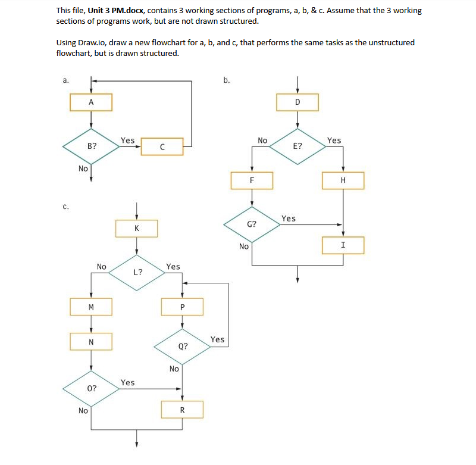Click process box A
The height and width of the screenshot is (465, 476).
click(91, 102)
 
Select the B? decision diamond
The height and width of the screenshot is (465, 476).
click(91, 146)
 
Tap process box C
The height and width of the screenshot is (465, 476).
click(162, 146)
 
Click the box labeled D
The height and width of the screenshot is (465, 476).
click(297, 102)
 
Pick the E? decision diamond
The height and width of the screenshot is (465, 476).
click(297, 145)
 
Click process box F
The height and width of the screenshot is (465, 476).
click(252, 180)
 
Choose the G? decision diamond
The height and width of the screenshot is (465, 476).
click(252, 224)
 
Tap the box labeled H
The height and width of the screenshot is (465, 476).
click(343, 180)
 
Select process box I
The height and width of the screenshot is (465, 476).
click(343, 245)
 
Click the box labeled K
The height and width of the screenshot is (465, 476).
click(137, 228)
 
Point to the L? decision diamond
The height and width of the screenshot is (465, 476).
click(137, 272)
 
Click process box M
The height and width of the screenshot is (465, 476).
click(91, 307)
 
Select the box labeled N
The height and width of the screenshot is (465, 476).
click(91, 342)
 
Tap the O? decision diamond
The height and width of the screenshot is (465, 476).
click(91, 388)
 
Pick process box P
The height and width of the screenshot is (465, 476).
click(183, 307)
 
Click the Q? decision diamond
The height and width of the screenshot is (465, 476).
click(183, 346)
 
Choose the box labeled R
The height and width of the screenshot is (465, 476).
click(183, 410)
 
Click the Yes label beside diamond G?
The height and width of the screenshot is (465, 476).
click(289, 219)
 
